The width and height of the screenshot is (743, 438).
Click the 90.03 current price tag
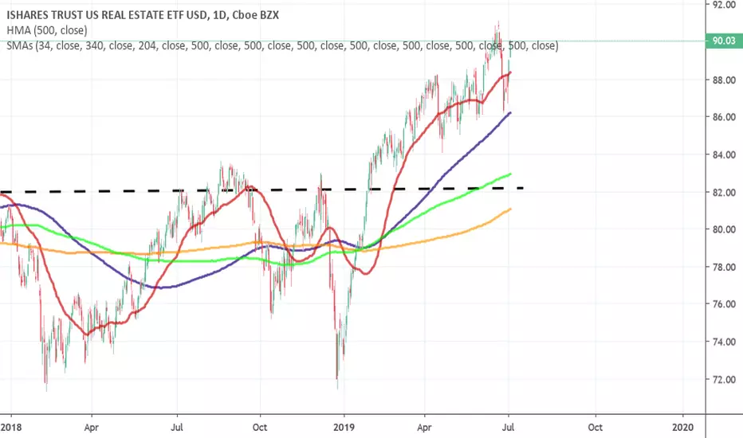(724, 41)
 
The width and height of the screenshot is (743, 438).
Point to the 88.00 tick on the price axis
(725, 80)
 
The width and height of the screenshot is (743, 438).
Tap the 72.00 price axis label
(725, 379)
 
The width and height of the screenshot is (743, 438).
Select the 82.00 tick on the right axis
(725, 192)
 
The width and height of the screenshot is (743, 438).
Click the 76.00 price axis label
(725, 304)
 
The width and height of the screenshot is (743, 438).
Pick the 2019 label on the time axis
(344, 427)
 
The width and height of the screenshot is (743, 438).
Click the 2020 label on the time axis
(683, 427)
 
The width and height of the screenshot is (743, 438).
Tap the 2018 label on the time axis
(11, 427)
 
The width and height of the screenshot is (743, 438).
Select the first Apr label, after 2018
(91, 428)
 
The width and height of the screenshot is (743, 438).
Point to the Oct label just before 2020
(596, 427)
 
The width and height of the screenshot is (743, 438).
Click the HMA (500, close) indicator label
(47, 30)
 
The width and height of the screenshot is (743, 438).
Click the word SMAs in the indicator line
(19, 45)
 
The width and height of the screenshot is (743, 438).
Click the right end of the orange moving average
(510, 209)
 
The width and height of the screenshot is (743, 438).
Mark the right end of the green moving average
(510, 174)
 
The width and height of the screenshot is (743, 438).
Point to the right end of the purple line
(510, 113)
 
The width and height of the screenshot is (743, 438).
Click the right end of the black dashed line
(523, 188)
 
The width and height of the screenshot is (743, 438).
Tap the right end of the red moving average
(510, 72)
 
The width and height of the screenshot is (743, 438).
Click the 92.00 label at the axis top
(725, 4)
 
